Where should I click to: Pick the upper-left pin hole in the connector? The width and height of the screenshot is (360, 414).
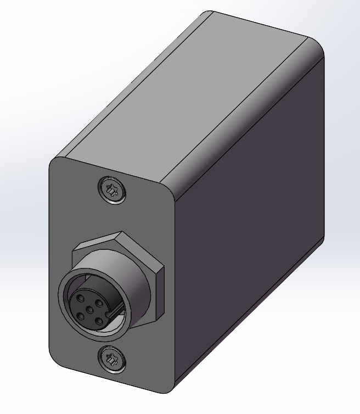point(80,299)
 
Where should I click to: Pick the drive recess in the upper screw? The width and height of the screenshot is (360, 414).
point(112,191)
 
